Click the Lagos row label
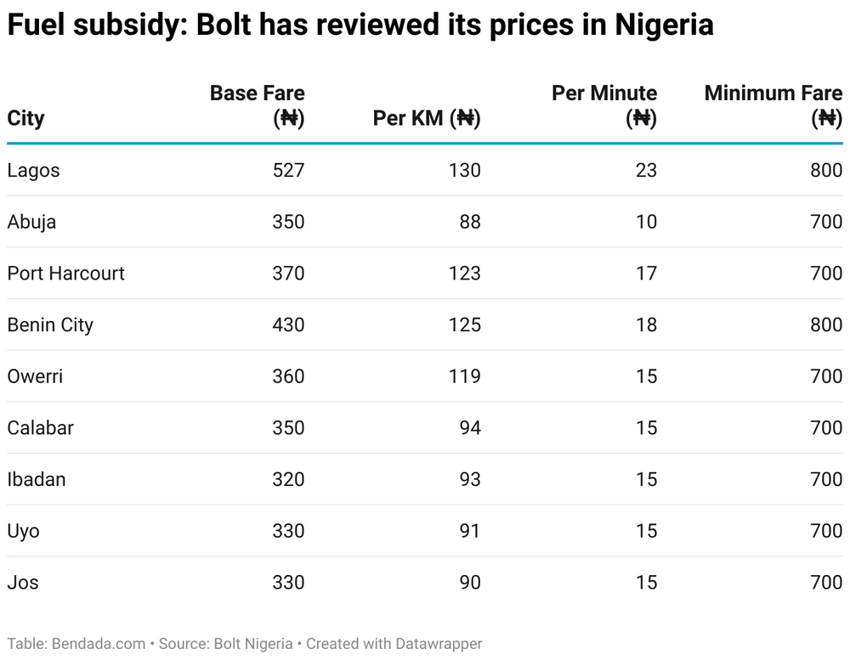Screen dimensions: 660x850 pyautogui.click(x=33, y=170)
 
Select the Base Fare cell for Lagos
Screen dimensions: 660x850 pyautogui.click(x=288, y=170)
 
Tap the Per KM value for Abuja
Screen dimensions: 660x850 pyautogui.click(x=468, y=222)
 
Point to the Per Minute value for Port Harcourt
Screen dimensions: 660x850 pyautogui.click(x=646, y=274)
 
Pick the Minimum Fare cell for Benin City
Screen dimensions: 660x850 pyautogui.click(x=825, y=324)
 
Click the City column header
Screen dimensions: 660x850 pyautogui.click(x=25, y=118)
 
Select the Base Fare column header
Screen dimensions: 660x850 pyautogui.click(x=257, y=105)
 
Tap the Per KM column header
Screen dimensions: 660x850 pyautogui.click(x=427, y=118)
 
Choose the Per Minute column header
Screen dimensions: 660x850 pyautogui.click(x=604, y=105)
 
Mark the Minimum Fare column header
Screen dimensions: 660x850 pyautogui.click(x=773, y=105)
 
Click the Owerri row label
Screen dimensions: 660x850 pyautogui.click(x=35, y=376)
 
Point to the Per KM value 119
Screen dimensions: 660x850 pyautogui.click(x=465, y=376)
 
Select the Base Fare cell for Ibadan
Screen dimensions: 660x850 pyautogui.click(x=288, y=479)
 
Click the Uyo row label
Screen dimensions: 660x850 pyautogui.click(x=23, y=531)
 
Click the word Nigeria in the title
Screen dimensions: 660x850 pyautogui.click(x=664, y=25)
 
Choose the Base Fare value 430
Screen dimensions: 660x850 pyautogui.click(x=288, y=324)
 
